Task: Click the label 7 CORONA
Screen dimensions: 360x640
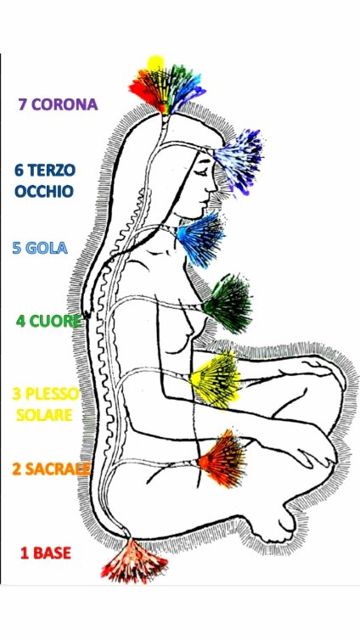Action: point(58,104)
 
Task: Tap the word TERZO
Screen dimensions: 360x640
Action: point(52,171)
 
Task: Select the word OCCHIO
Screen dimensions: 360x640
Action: point(44,192)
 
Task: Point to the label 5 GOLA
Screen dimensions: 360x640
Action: point(40,248)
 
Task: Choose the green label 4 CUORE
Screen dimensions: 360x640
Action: point(48,321)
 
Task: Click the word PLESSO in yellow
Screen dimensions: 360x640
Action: point(53,395)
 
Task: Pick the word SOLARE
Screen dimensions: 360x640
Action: point(44,415)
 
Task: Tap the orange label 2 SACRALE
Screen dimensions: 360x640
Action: point(51,469)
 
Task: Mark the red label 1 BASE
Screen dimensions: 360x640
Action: point(46,553)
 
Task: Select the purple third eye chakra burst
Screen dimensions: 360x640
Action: point(239,161)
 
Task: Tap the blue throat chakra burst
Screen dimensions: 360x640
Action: point(201,239)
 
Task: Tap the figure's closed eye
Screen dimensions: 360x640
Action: point(201,165)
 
